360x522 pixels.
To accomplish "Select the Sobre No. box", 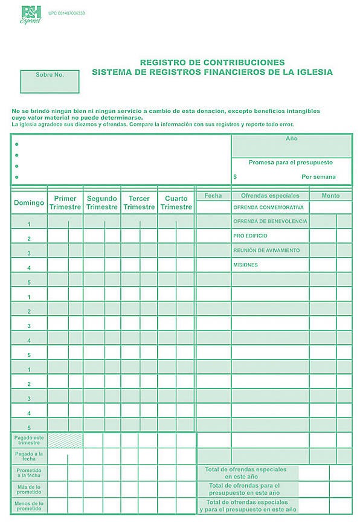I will pos(50,81).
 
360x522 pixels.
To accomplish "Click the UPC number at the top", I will pos(66,13).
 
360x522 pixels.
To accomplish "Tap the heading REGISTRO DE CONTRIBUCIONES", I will pos(212,62).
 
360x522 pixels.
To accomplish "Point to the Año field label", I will pos(291,138).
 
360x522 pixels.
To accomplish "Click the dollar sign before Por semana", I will pos(235,177).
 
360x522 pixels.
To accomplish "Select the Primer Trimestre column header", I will pos(65,202).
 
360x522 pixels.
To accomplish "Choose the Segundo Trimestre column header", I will pos(101,202).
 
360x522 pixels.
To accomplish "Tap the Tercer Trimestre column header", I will pos(139,202).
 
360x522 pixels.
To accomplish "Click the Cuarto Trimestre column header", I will pos(176,202).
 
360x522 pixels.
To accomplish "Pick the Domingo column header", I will pos(29,202).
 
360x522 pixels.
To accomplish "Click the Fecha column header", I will pos(213,196).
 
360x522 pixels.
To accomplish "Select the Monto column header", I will pos(330,196).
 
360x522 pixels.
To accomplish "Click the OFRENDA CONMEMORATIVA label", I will pos(268,207).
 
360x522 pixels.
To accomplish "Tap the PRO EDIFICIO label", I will pos(250,236).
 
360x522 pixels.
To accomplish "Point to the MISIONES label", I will pos(245,265).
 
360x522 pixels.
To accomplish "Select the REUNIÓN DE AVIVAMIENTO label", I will pos(266,250).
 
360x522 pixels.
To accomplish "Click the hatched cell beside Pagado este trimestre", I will pos(65,440).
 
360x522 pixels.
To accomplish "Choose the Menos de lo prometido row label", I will pos(29,506).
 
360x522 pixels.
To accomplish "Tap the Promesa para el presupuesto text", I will pos(291,163).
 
